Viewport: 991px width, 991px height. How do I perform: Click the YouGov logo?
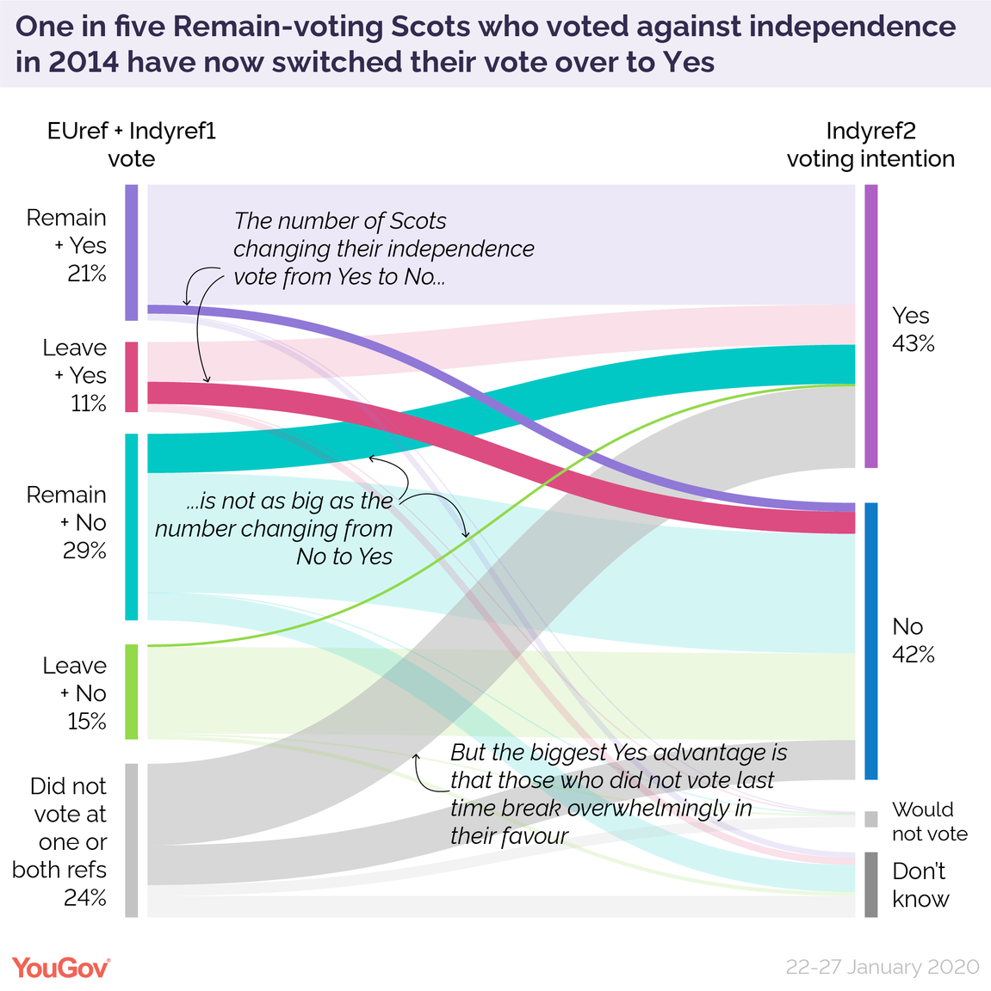point(61,967)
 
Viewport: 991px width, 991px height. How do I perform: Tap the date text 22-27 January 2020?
point(882,967)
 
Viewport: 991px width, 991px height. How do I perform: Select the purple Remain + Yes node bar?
point(132,252)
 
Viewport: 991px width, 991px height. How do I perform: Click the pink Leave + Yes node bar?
point(132,377)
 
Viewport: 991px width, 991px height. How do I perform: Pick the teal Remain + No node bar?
point(132,526)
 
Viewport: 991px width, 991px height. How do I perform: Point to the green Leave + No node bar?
point(132,692)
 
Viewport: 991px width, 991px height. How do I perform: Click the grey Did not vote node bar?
point(132,840)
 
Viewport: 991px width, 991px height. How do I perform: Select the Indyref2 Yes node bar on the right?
point(871,326)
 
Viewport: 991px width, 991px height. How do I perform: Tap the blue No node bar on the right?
point(871,641)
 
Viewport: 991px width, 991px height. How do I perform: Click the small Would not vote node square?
point(871,819)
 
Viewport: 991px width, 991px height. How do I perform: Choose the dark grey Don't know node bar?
point(871,884)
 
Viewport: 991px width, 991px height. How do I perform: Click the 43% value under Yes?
point(914,344)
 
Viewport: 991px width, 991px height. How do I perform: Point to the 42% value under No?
point(914,656)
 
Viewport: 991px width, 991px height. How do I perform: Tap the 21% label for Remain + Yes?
point(87,274)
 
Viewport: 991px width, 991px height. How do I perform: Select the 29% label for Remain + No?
point(84,551)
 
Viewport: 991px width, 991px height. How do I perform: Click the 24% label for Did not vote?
point(85,898)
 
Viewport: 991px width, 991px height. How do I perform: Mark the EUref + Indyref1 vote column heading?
point(132,145)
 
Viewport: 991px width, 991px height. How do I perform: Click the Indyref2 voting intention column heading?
point(870,145)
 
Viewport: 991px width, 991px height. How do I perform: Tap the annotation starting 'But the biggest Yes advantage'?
point(617,793)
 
